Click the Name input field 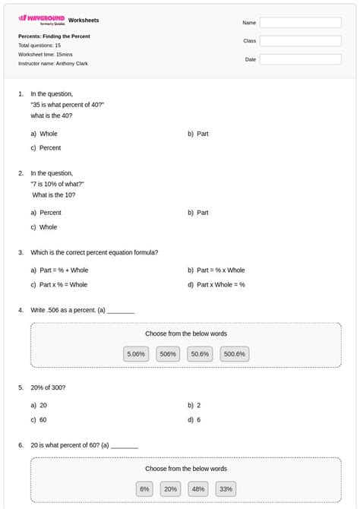(x=300, y=23)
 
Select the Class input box (x=300, y=40)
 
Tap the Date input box (x=300, y=58)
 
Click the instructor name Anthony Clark (x=53, y=64)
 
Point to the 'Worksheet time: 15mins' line (x=46, y=55)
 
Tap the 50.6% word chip (x=200, y=354)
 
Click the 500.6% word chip (x=234, y=354)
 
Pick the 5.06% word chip (x=136, y=354)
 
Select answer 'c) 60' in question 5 (x=39, y=419)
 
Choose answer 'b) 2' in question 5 (x=194, y=405)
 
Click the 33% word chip (x=226, y=489)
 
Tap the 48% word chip (x=198, y=489)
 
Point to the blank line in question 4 (x=122, y=311)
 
